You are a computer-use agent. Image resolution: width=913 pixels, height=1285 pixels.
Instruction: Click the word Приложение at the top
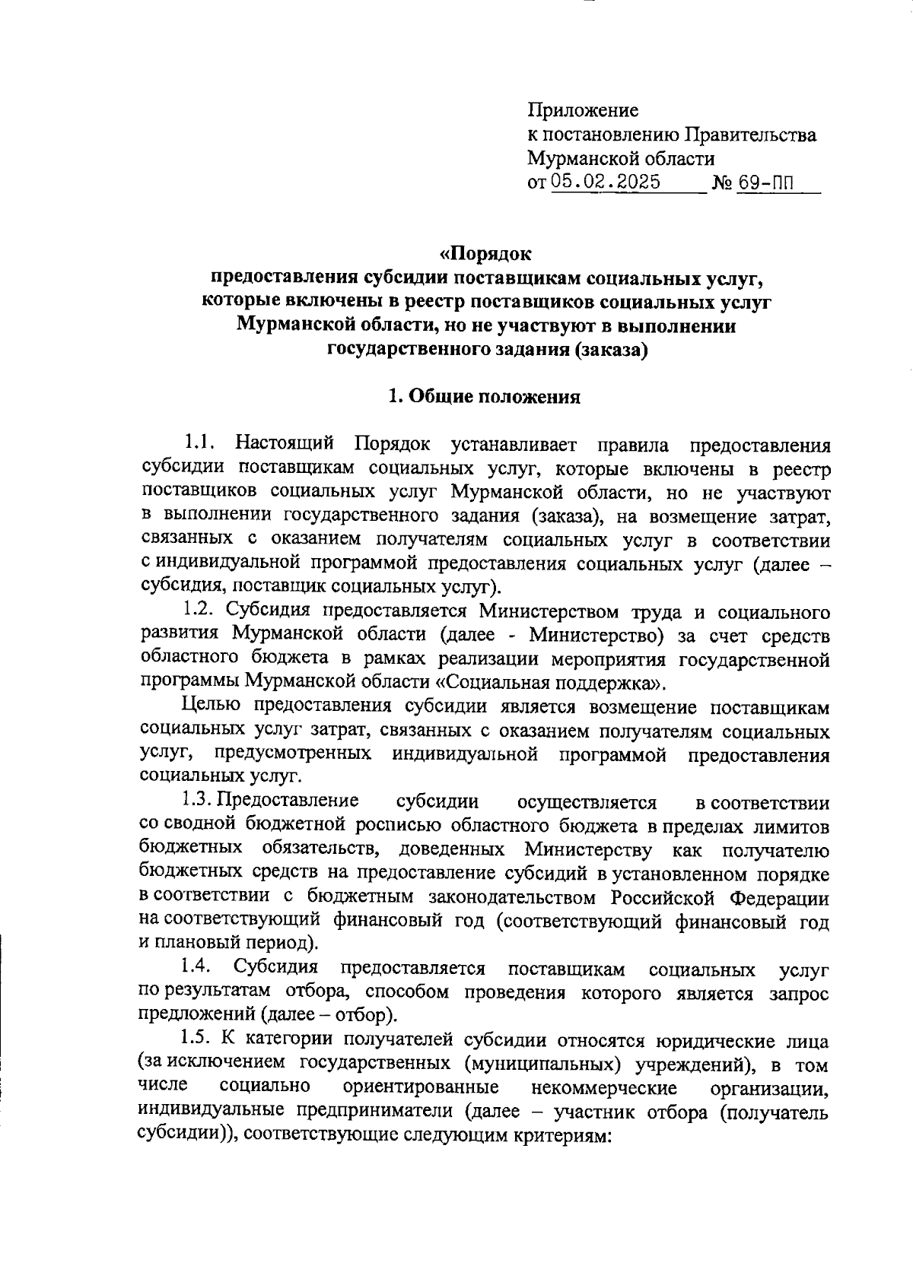583,111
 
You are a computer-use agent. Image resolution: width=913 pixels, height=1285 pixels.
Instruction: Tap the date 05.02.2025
606,182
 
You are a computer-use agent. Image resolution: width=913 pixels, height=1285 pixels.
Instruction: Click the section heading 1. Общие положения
485,396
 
